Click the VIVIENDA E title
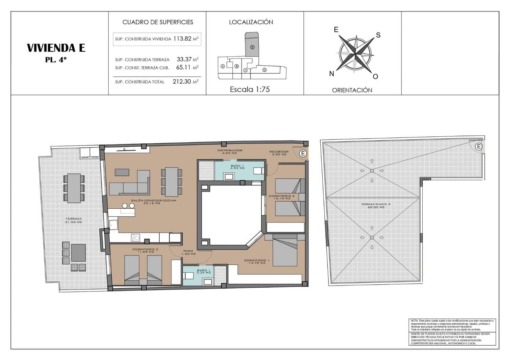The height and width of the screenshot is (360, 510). click(56, 48)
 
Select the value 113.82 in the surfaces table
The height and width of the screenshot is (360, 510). click(182, 39)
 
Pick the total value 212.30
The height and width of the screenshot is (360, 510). click(182, 82)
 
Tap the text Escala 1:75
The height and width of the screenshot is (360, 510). click(250, 90)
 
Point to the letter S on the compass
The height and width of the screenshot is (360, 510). click(378, 35)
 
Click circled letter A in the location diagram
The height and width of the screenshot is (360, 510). click(223, 66)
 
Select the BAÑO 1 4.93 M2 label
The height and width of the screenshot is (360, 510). click(237, 167)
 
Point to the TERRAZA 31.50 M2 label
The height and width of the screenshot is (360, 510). click(74, 220)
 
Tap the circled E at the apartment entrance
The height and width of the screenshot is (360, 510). click(303, 154)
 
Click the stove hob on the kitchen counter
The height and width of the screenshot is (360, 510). click(135, 237)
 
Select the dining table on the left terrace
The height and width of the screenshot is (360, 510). click(74, 188)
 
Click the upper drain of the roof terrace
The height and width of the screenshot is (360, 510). click(372, 171)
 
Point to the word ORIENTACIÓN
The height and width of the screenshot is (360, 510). click(352, 90)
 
